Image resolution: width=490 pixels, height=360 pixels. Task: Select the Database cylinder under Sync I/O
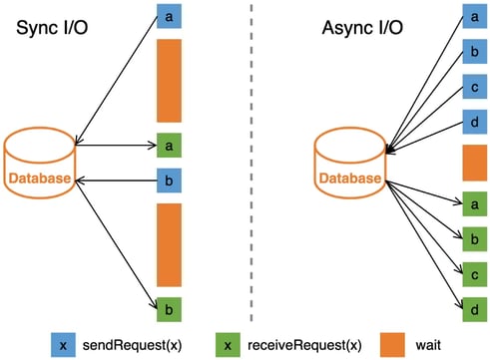click(x=40, y=162)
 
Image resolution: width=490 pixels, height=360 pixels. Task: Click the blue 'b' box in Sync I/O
click(x=168, y=180)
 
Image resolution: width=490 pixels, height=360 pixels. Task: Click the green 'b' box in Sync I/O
click(x=168, y=310)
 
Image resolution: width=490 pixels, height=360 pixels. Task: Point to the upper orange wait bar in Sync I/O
click(x=168, y=81)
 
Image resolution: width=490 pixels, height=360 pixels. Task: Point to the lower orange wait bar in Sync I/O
click(x=168, y=245)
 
